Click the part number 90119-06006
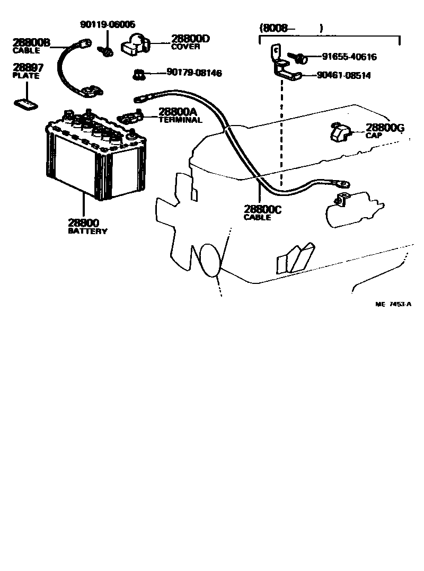[x=108, y=24]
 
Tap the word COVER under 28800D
[x=185, y=46]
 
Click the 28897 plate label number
[x=28, y=68]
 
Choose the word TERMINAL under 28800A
[x=180, y=120]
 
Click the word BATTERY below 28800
[x=87, y=231]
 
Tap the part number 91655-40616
[x=349, y=57]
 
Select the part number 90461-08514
[x=343, y=75]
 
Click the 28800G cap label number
[x=385, y=127]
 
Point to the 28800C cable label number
[x=262, y=209]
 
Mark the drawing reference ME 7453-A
[x=393, y=304]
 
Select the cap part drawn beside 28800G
[x=339, y=132]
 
